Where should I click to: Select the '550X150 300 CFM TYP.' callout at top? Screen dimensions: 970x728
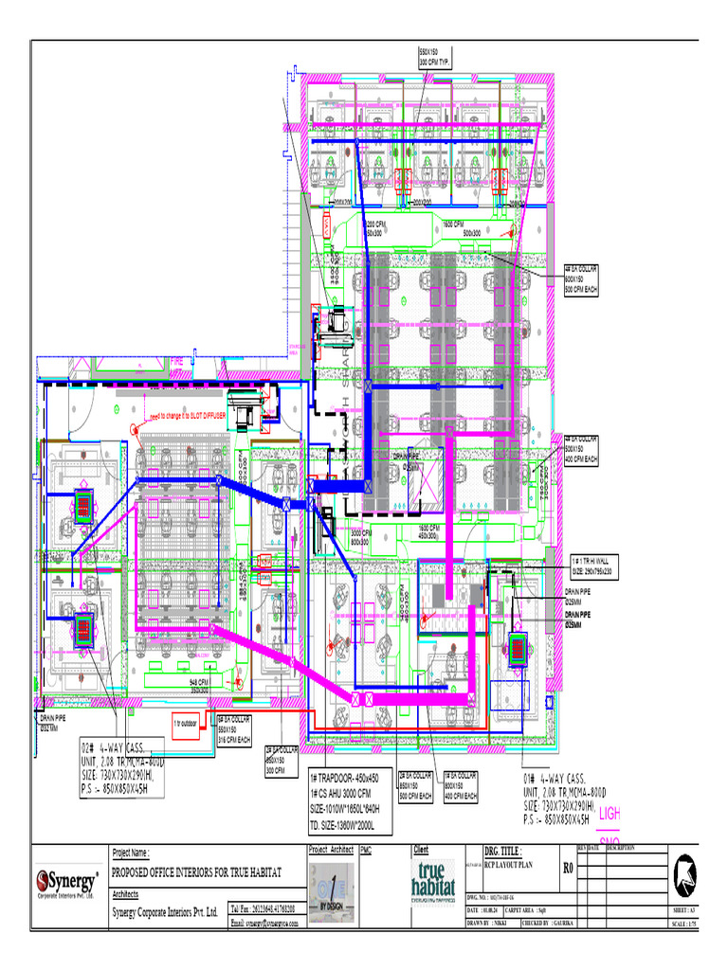coord(436,56)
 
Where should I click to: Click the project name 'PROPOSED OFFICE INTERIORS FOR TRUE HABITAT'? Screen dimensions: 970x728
coord(204,871)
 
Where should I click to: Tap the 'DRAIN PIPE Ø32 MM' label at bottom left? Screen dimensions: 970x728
coord(53,722)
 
